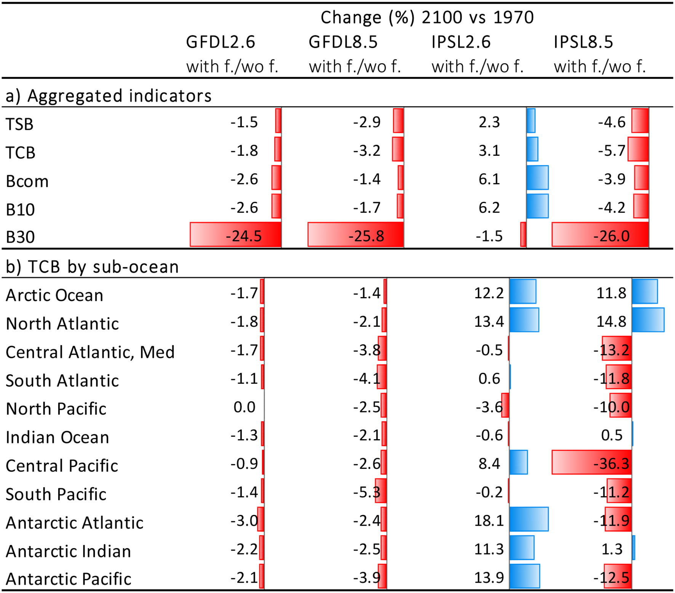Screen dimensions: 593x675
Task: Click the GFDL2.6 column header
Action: coord(220,42)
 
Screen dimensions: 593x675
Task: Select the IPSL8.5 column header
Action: coord(583,42)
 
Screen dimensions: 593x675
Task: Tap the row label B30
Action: coord(20,237)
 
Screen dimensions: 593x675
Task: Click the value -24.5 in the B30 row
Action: coord(244,236)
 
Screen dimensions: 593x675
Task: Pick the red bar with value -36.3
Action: coord(591,463)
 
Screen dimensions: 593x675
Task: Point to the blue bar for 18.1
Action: coord(528,519)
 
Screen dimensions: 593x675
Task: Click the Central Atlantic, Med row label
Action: coord(90,352)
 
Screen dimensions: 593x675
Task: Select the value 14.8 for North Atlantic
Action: coord(611,322)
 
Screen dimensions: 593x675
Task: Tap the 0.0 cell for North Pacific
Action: coord(244,407)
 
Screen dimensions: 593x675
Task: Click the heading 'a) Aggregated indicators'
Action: coord(108,96)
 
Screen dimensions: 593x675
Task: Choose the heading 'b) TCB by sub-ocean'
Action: coord(92,267)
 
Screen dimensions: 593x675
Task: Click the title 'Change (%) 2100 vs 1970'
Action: coord(427,18)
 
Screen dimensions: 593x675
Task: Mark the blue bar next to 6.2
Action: coord(537,206)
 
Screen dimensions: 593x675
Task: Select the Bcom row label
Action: coord(27,181)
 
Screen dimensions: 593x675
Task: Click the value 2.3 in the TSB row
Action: coord(489,122)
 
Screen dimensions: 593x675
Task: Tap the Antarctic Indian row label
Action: coord(68,551)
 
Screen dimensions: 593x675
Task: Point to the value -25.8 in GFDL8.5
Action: coord(366,236)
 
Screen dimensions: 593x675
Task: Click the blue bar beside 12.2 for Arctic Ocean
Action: coord(523,292)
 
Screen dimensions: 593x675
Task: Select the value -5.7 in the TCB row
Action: coord(611,151)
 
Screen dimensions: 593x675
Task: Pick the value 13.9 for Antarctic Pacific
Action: coord(489,578)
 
